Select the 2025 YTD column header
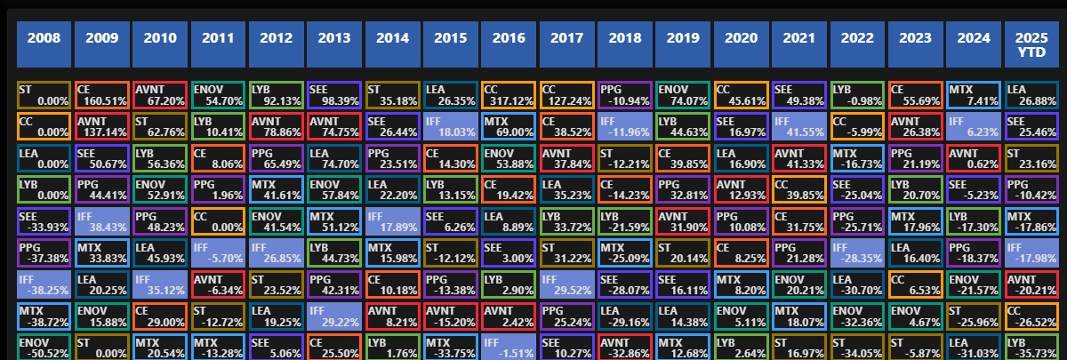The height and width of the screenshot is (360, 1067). [x=1034, y=44]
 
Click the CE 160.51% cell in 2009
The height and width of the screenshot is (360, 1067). [x=101, y=95]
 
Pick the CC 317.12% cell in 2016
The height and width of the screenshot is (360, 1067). [x=509, y=95]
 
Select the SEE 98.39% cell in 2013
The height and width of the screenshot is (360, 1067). [x=334, y=95]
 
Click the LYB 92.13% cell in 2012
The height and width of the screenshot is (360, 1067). [x=276, y=95]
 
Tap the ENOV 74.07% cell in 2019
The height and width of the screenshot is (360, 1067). [x=683, y=95]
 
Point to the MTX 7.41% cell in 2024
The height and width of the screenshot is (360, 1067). [x=974, y=95]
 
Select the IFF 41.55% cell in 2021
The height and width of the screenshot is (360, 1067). [x=799, y=126]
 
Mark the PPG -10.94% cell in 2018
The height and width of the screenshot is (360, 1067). [x=625, y=95]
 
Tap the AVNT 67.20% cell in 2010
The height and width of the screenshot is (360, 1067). [x=160, y=95]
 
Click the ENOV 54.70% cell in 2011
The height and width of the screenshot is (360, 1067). [x=218, y=95]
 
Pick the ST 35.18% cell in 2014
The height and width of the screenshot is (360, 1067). [x=392, y=95]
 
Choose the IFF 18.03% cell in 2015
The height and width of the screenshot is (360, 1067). [x=451, y=126]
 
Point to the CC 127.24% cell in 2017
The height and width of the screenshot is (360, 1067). [x=566, y=95]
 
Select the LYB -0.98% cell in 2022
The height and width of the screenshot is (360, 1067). [x=857, y=95]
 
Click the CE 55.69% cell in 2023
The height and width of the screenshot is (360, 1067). [x=916, y=95]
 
